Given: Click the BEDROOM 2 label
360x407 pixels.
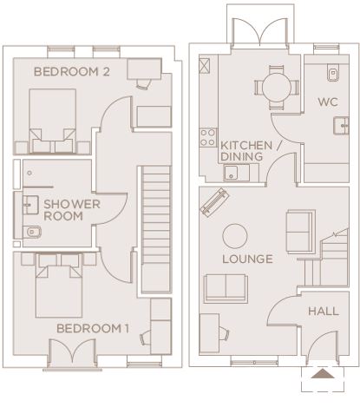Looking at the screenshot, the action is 72,71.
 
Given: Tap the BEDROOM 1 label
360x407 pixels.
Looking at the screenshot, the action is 93,328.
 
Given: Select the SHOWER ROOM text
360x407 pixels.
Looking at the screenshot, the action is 72,210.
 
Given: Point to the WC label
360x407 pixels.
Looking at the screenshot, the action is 328,102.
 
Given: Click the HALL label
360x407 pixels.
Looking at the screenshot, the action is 324,312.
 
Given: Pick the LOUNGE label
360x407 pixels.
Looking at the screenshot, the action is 247,259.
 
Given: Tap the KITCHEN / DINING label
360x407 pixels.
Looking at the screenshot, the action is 251,151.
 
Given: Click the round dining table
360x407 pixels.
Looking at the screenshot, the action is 277,88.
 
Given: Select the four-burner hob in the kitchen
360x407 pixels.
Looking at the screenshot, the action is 208,137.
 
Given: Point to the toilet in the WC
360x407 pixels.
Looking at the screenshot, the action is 333,72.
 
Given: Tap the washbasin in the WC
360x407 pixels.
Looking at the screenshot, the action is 341,126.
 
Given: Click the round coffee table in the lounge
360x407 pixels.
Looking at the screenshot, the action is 235,236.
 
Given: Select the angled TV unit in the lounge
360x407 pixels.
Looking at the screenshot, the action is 214,202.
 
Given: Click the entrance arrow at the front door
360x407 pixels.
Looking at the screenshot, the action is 323,373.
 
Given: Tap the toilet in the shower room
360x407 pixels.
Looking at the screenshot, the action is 32,232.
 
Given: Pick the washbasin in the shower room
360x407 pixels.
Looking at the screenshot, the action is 30,205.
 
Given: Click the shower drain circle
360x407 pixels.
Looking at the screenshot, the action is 29,173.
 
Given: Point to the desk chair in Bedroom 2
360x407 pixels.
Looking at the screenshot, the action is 143,83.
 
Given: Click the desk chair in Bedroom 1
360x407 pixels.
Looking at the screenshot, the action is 146,338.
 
